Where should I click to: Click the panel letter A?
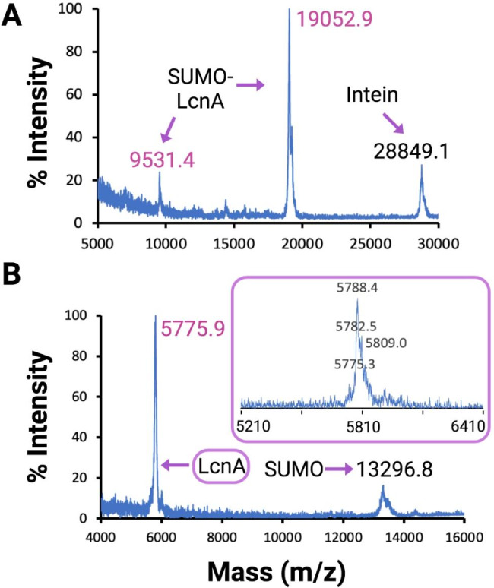(x=13, y=16)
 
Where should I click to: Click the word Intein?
(x=373, y=95)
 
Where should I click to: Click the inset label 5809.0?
(x=387, y=343)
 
